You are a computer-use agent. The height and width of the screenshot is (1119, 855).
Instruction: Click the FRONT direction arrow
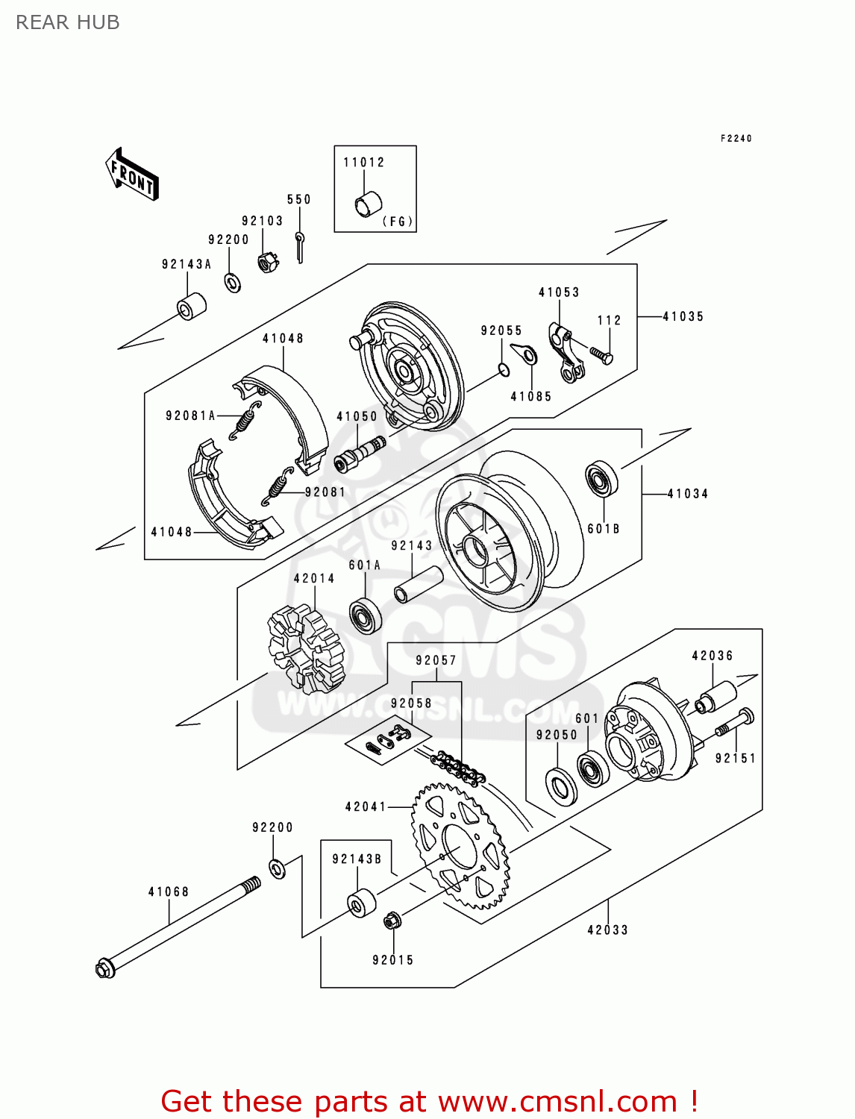tap(132, 175)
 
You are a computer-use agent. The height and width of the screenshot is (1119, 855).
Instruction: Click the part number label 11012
tap(363, 163)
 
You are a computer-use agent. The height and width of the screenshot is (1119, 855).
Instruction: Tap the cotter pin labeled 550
tap(299, 246)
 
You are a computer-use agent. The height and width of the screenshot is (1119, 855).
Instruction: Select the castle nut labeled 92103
tap(268, 263)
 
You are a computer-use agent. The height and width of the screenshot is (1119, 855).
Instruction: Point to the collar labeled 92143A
tap(191, 306)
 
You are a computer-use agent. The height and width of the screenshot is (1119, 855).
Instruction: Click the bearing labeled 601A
tap(366, 616)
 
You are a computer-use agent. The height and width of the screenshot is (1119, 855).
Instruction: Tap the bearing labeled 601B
tap(601, 479)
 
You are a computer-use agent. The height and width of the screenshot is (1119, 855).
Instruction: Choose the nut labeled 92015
tap(392, 921)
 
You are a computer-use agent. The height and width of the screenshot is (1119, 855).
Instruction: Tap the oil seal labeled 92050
tap(562, 786)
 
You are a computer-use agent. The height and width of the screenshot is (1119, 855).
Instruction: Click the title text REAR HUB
tap(68, 22)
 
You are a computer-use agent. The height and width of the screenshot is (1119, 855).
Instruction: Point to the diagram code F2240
tap(736, 139)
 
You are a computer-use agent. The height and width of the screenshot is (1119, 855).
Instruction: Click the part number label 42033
tap(607, 930)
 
